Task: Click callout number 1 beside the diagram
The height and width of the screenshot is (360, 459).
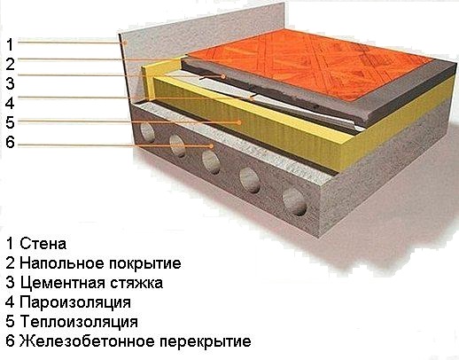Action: tap(10, 44)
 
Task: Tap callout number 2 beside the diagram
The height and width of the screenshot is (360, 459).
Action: tap(10, 64)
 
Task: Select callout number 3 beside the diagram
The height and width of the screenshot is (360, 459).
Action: tap(10, 83)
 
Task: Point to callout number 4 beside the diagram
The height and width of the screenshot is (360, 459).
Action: tap(10, 103)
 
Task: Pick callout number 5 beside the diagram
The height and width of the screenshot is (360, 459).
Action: tap(10, 122)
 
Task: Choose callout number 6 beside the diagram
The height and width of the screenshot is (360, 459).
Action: tap(10, 142)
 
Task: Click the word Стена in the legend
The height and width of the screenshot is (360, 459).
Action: tap(43, 244)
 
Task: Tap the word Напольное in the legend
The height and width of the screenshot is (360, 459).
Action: tap(62, 263)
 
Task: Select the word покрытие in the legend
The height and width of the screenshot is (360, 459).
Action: tap(145, 263)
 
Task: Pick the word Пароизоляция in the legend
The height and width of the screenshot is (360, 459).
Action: tap(75, 302)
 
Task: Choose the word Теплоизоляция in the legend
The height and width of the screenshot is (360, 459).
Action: tap(79, 322)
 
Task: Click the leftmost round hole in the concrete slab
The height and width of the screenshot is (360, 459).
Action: tap(147, 132)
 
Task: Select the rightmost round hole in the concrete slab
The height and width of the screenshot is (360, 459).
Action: tap(295, 202)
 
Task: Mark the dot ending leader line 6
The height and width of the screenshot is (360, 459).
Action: tap(212, 145)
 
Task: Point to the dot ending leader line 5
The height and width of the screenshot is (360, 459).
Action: tap(240, 121)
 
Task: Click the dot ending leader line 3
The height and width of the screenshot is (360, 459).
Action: tap(223, 76)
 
